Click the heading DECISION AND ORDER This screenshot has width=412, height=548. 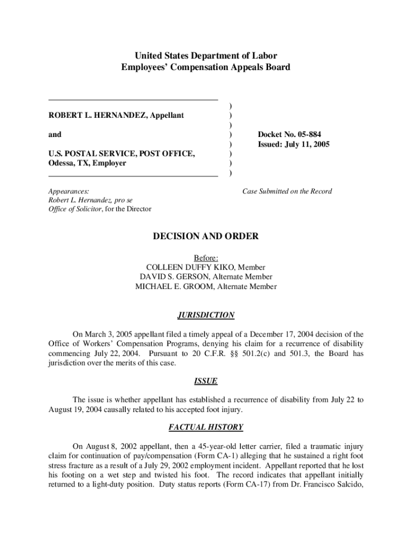206,236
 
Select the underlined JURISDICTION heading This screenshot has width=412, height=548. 206,315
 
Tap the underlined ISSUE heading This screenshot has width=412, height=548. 206,381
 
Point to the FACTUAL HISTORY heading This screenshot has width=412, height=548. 206,427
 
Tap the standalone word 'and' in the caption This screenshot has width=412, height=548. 55,134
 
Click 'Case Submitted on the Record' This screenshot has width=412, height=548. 287,191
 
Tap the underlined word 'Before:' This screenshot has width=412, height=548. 206,257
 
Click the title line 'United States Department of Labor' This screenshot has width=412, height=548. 206,56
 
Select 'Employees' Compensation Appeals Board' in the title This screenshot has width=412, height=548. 206,67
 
